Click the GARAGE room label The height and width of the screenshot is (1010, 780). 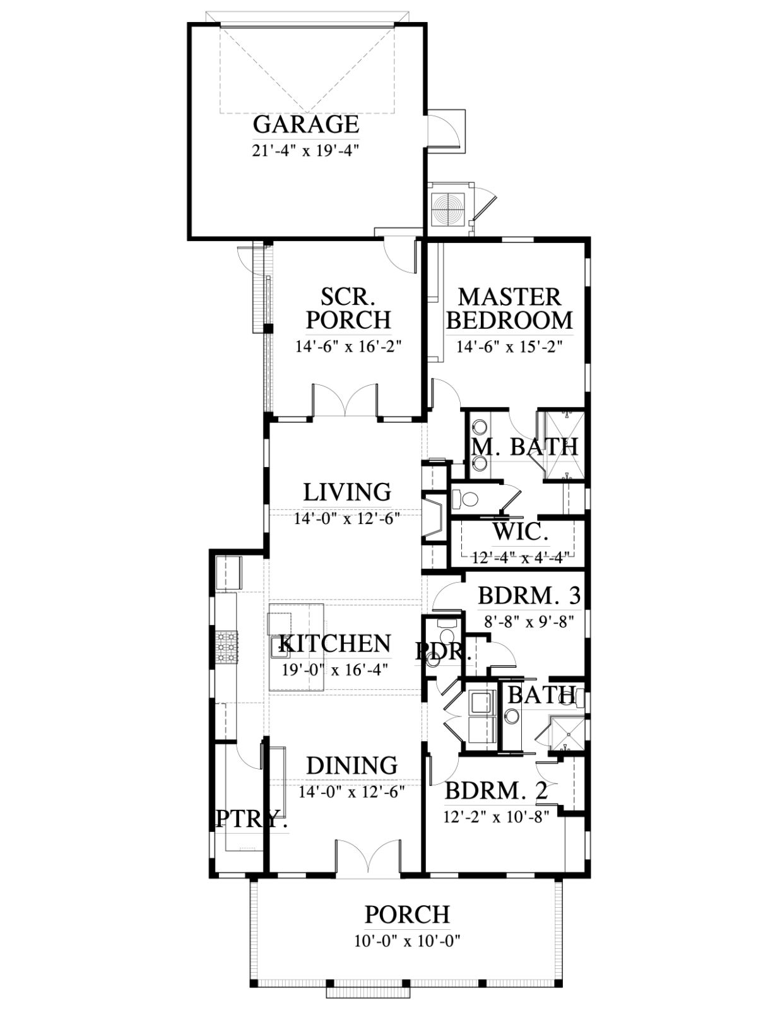[x=306, y=124]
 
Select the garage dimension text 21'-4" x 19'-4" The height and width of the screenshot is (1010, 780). [x=306, y=151]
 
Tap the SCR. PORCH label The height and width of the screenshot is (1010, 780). [x=348, y=309]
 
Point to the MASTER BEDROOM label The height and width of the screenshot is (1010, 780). [x=509, y=309]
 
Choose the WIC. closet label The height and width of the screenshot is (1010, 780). [x=521, y=532]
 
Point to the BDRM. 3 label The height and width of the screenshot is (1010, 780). [x=529, y=595]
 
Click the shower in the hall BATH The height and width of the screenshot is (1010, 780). [x=568, y=732]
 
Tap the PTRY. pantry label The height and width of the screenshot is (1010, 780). [x=251, y=819]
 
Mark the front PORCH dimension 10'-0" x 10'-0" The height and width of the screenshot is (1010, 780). [x=407, y=941]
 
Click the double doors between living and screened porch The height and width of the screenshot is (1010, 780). [x=345, y=401]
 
